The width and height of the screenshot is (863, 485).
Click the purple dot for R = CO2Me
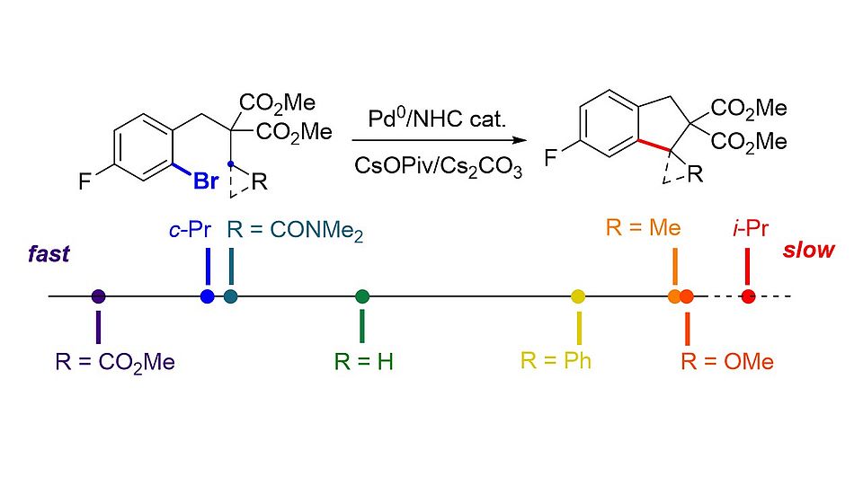[99, 296]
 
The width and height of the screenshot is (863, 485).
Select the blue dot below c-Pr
[208, 296]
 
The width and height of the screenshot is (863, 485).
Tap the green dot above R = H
[362, 296]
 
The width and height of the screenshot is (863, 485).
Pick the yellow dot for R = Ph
[578, 296]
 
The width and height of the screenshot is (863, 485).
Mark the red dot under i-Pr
[748, 296]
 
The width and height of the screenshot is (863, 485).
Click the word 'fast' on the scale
[48, 254]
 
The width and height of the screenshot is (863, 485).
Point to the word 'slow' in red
[808, 251]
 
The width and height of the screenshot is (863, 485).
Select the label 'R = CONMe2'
[296, 232]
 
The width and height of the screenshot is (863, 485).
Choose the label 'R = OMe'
[727, 362]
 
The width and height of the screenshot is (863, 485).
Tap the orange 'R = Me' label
[643, 227]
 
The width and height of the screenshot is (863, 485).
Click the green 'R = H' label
[364, 363]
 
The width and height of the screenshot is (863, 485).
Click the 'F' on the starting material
[85, 183]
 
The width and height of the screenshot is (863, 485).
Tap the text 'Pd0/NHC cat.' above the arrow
[437, 119]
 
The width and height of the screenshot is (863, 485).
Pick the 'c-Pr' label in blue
[190, 230]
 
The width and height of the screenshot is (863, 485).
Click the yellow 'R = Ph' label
[556, 361]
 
